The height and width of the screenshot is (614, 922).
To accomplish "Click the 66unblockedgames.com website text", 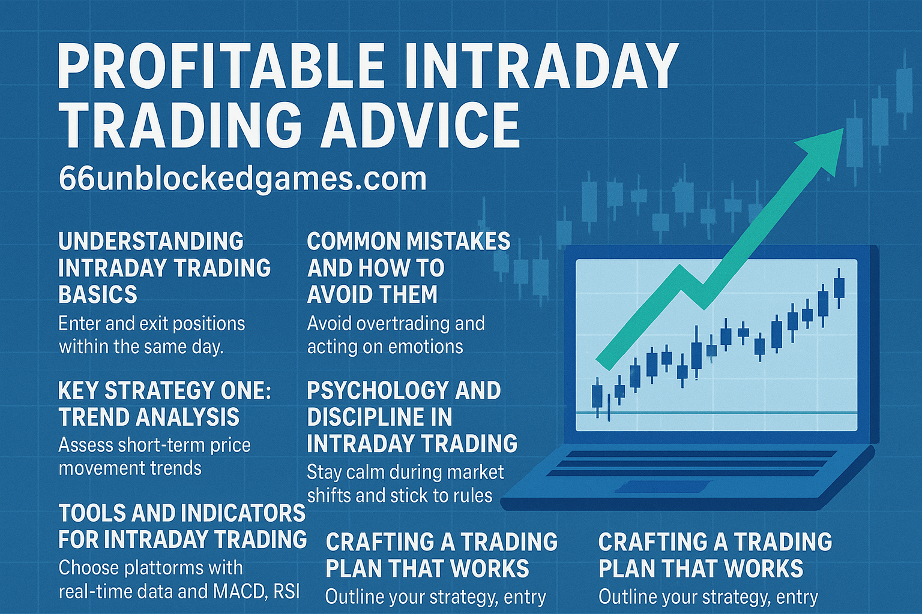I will (243, 179).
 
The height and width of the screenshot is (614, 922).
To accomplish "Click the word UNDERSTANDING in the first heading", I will (151, 242).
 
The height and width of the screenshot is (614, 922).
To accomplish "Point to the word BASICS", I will (98, 294).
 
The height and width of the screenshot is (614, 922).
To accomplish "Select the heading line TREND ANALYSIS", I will (149, 417).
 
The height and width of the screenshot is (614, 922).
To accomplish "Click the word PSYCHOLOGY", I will (377, 391).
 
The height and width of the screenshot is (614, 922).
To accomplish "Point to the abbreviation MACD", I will (238, 591).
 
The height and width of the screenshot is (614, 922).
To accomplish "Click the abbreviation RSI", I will (286, 591).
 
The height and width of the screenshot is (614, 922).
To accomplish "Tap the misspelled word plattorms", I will (151, 567).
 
